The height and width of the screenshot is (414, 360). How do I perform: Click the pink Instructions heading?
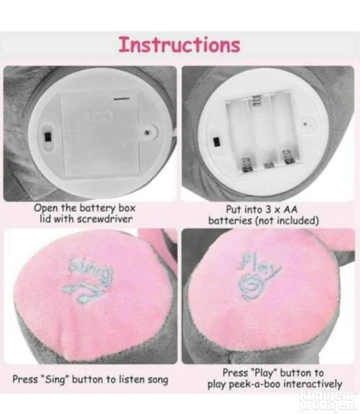(179, 45)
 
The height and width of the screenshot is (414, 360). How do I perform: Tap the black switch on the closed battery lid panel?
(48, 138)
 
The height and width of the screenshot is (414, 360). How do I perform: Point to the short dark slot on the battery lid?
(121, 99)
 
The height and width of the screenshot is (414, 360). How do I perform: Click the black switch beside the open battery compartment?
(216, 142)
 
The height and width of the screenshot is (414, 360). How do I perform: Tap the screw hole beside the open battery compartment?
(306, 124)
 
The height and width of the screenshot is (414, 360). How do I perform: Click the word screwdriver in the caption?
(105, 219)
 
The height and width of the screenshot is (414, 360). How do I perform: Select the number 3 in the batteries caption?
(268, 209)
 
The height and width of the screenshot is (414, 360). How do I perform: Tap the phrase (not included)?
(287, 220)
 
